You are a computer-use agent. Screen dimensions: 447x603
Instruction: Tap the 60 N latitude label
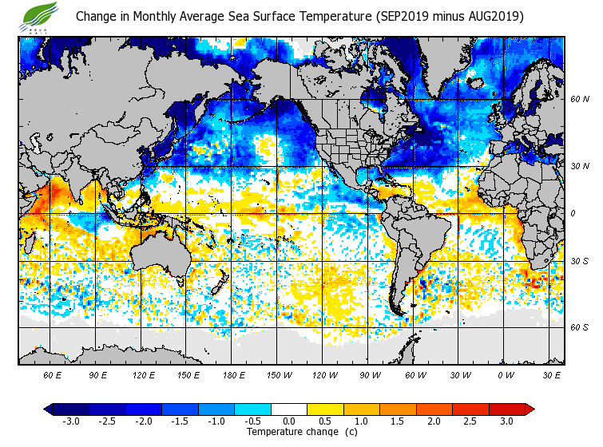580,100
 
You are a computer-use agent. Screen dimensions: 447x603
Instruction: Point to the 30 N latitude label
580,166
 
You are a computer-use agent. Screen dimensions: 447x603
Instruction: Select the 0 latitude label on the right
573,214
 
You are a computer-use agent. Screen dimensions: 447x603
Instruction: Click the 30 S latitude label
580,262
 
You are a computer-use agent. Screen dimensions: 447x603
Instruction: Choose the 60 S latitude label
580,328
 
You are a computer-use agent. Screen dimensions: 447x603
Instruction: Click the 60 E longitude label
53,375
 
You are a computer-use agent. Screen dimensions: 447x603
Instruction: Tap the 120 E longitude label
144,375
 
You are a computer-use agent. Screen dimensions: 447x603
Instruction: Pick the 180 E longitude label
234,375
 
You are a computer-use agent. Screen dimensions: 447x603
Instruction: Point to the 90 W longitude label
369,375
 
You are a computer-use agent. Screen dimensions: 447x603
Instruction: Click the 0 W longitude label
505,375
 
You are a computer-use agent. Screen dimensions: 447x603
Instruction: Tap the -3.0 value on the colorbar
70,421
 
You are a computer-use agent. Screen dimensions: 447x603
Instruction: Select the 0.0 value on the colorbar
289,421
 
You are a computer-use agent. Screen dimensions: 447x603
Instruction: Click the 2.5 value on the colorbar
470,421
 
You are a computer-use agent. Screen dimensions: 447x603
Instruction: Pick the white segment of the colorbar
289,409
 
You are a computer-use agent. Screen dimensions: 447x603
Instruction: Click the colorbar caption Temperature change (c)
290,432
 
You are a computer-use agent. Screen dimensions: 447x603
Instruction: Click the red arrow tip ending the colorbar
530,409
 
